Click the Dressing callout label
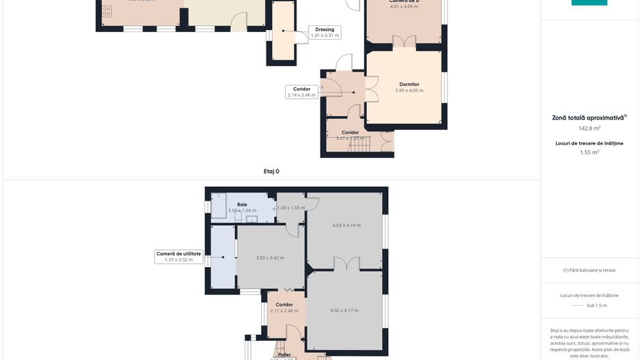pos(325,32)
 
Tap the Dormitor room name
pos(409,84)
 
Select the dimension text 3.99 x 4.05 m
pos(409,91)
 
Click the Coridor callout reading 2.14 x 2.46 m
pos(301,92)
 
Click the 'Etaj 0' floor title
pos(271,171)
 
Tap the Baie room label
pos(242,204)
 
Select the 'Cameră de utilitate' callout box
pos(178,256)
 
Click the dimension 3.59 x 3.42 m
pos(269,258)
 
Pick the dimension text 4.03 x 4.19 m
pos(346,225)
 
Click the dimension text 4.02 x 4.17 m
pos(344,310)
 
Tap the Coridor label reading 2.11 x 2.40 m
pos(284,307)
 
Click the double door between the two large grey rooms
pos(346,264)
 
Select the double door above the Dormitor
pos(404,42)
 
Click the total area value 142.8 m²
pos(589,128)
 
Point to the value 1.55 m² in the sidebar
pos(589,152)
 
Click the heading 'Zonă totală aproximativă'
pos(588,117)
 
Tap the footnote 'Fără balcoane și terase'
pos(589,270)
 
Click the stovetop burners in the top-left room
pos(107,11)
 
